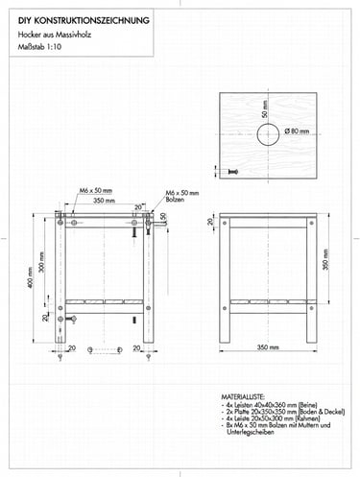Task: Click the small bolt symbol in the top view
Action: point(231,170)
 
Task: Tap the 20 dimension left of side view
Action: point(211,223)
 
